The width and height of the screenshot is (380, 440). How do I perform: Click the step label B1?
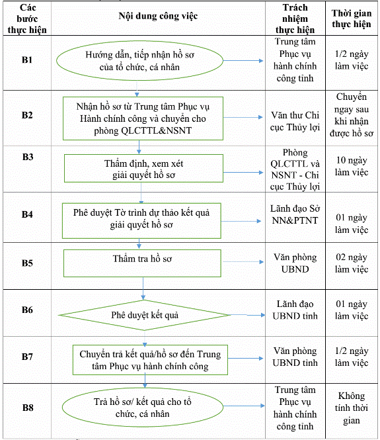(x=27, y=60)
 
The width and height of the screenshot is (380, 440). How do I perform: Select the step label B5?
(x=27, y=263)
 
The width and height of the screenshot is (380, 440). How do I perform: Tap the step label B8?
(x=28, y=408)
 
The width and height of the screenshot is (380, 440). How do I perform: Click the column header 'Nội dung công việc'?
(x=158, y=17)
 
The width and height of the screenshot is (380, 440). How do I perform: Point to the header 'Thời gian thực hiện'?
(x=352, y=19)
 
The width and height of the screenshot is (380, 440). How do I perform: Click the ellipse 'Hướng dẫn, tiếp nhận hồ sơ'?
(x=139, y=61)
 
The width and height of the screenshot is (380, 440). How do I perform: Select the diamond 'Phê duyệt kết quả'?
(x=145, y=315)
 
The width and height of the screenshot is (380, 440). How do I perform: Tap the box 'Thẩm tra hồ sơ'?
(x=142, y=263)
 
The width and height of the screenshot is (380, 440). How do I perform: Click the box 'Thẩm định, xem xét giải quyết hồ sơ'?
(x=143, y=168)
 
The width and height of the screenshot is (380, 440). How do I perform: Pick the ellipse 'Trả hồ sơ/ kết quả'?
(x=142, y=408)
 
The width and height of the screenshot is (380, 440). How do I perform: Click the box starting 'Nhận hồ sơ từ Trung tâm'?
(x=143, y=118)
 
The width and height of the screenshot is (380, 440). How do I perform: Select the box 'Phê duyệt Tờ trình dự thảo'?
(x=141, y=221)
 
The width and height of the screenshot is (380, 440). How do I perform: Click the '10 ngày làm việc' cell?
(x=352, y=166)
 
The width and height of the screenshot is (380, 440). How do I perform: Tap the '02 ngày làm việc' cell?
(x=352, y=263)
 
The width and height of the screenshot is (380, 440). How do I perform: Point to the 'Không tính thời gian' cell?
(x=352, y=408)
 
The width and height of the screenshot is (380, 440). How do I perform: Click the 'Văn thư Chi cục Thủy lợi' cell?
(x=295, y=121)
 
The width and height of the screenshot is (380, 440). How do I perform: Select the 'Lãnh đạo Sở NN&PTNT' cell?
(x=295, y=214)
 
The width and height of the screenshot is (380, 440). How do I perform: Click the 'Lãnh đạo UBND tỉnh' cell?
(x=295, y=310)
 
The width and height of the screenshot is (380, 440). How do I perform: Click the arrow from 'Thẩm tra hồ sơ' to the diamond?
(x=143, y=288)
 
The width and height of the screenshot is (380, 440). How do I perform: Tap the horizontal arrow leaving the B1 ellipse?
(x=243, y=61)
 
